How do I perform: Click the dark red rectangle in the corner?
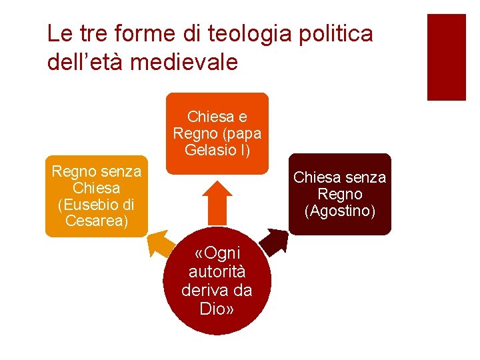pyautogui.click(x=446, y=57)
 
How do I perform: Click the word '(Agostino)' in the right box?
pyautogui.click(x=340, y=211)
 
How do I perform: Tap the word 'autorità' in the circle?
pyautogui.click(x=217, y=272)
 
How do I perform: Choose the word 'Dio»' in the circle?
pyautogui.click(x=217, y=309)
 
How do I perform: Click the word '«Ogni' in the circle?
pyautogui.click(x=217, y=254)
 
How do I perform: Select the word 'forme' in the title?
pyautogui.click(x=142, y=34)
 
